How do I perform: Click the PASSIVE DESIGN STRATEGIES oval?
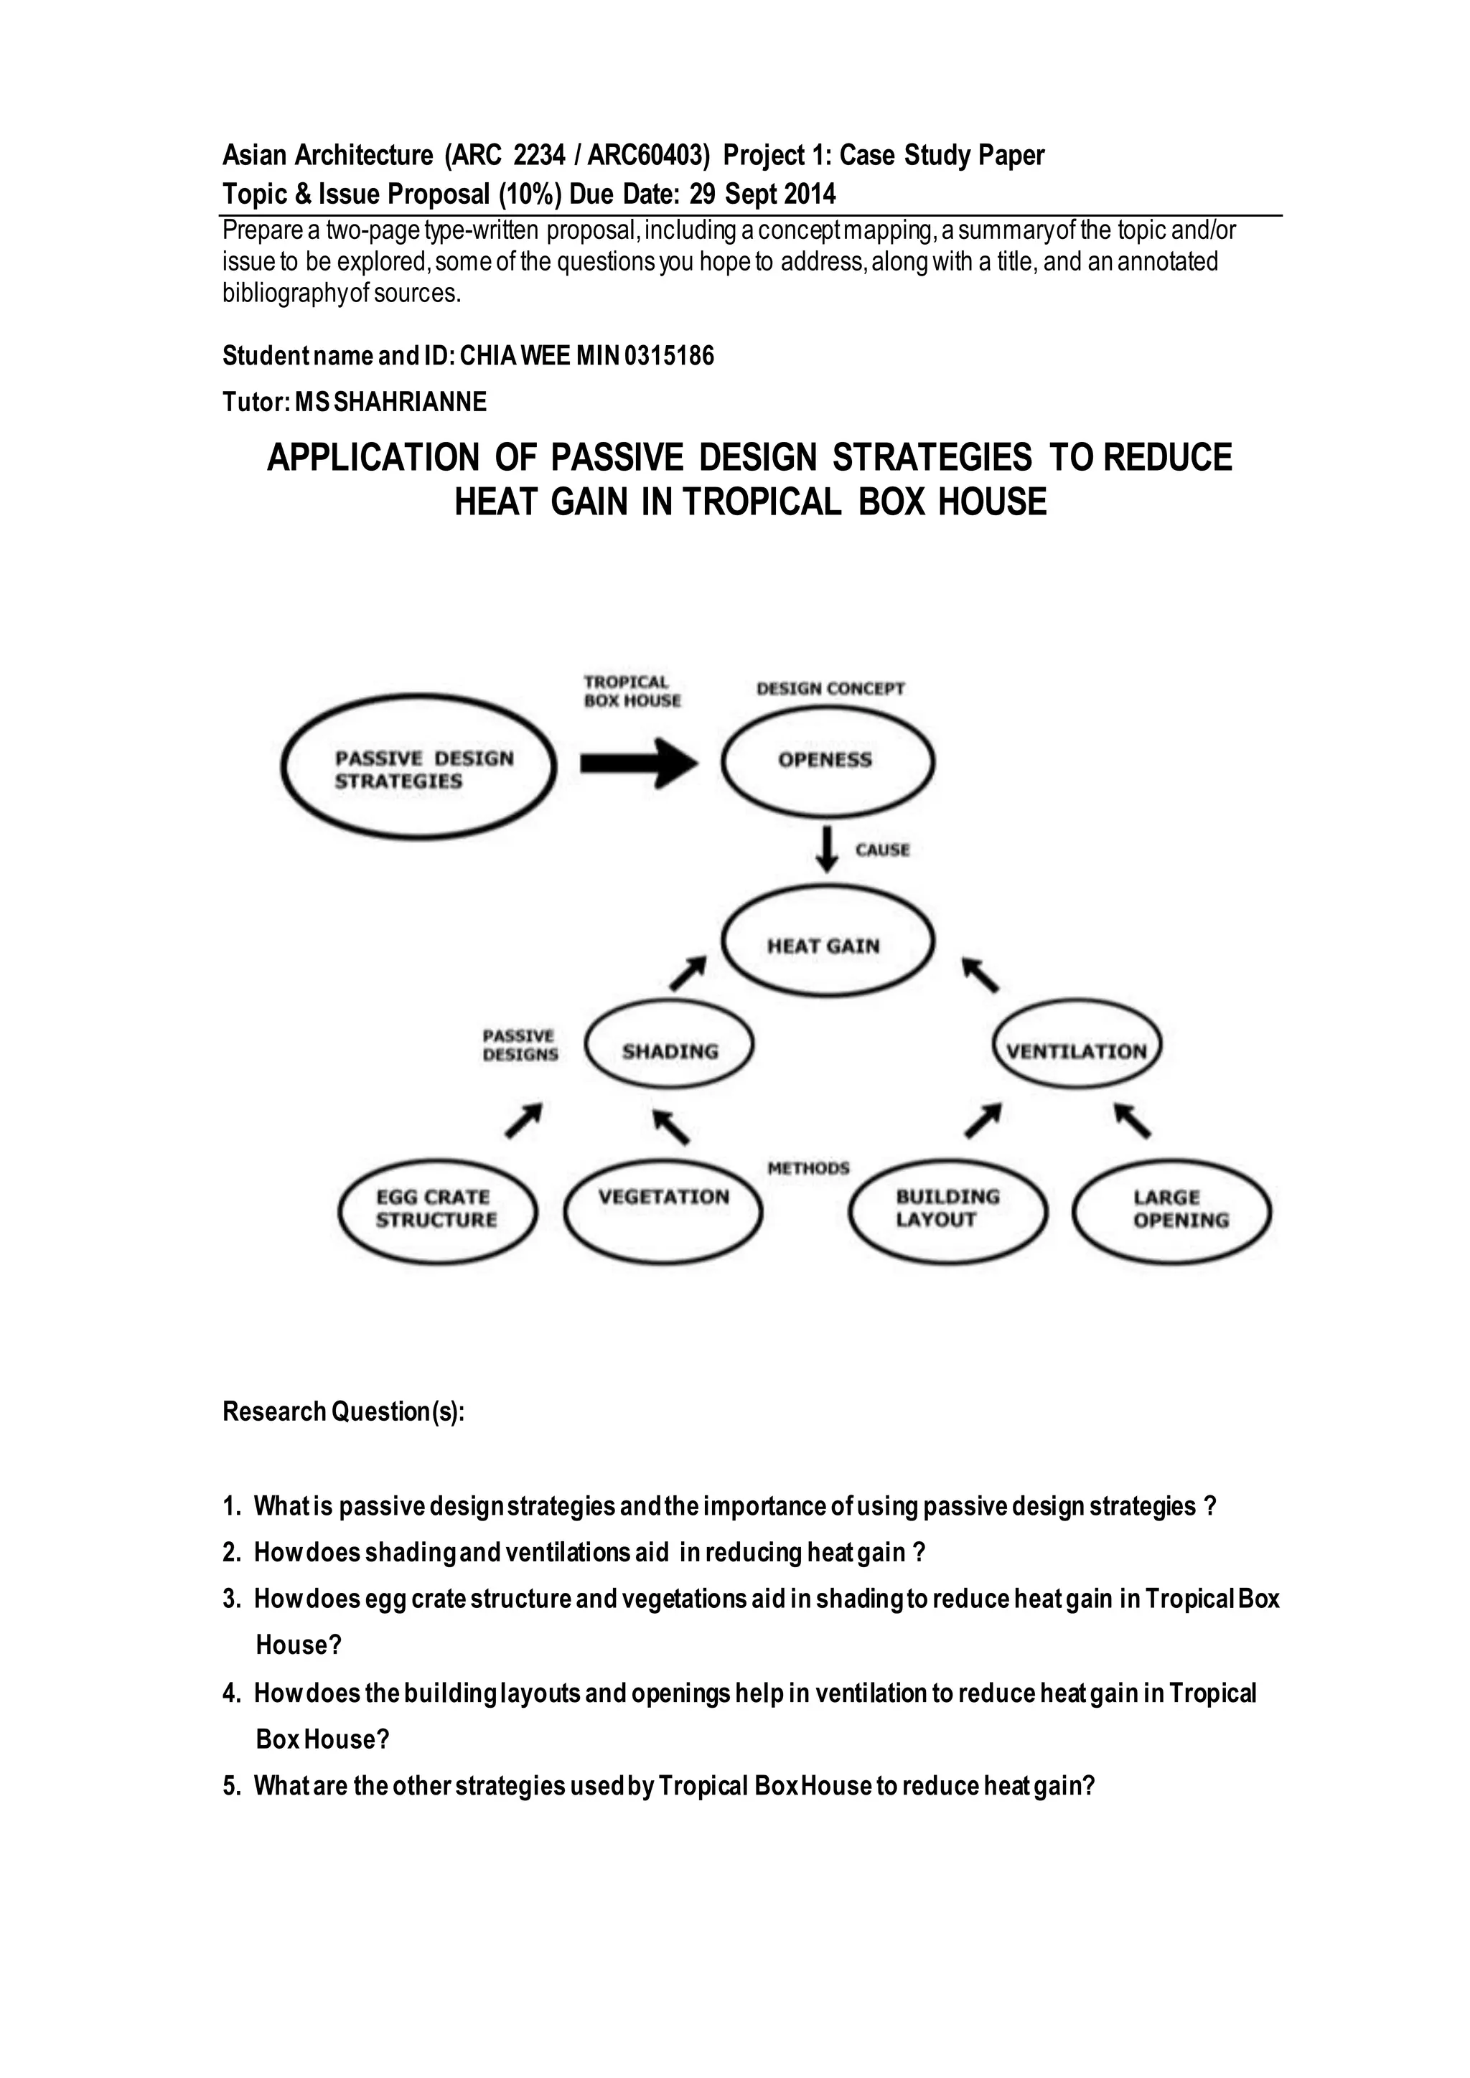418,768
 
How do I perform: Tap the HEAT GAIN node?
828,944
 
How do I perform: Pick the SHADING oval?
670,1050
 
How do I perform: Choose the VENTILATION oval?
1076,1050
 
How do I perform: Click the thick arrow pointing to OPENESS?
638,763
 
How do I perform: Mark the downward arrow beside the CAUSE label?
825,849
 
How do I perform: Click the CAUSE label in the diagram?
883,850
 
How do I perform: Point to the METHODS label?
808,1167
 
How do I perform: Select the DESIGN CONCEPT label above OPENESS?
830,689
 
